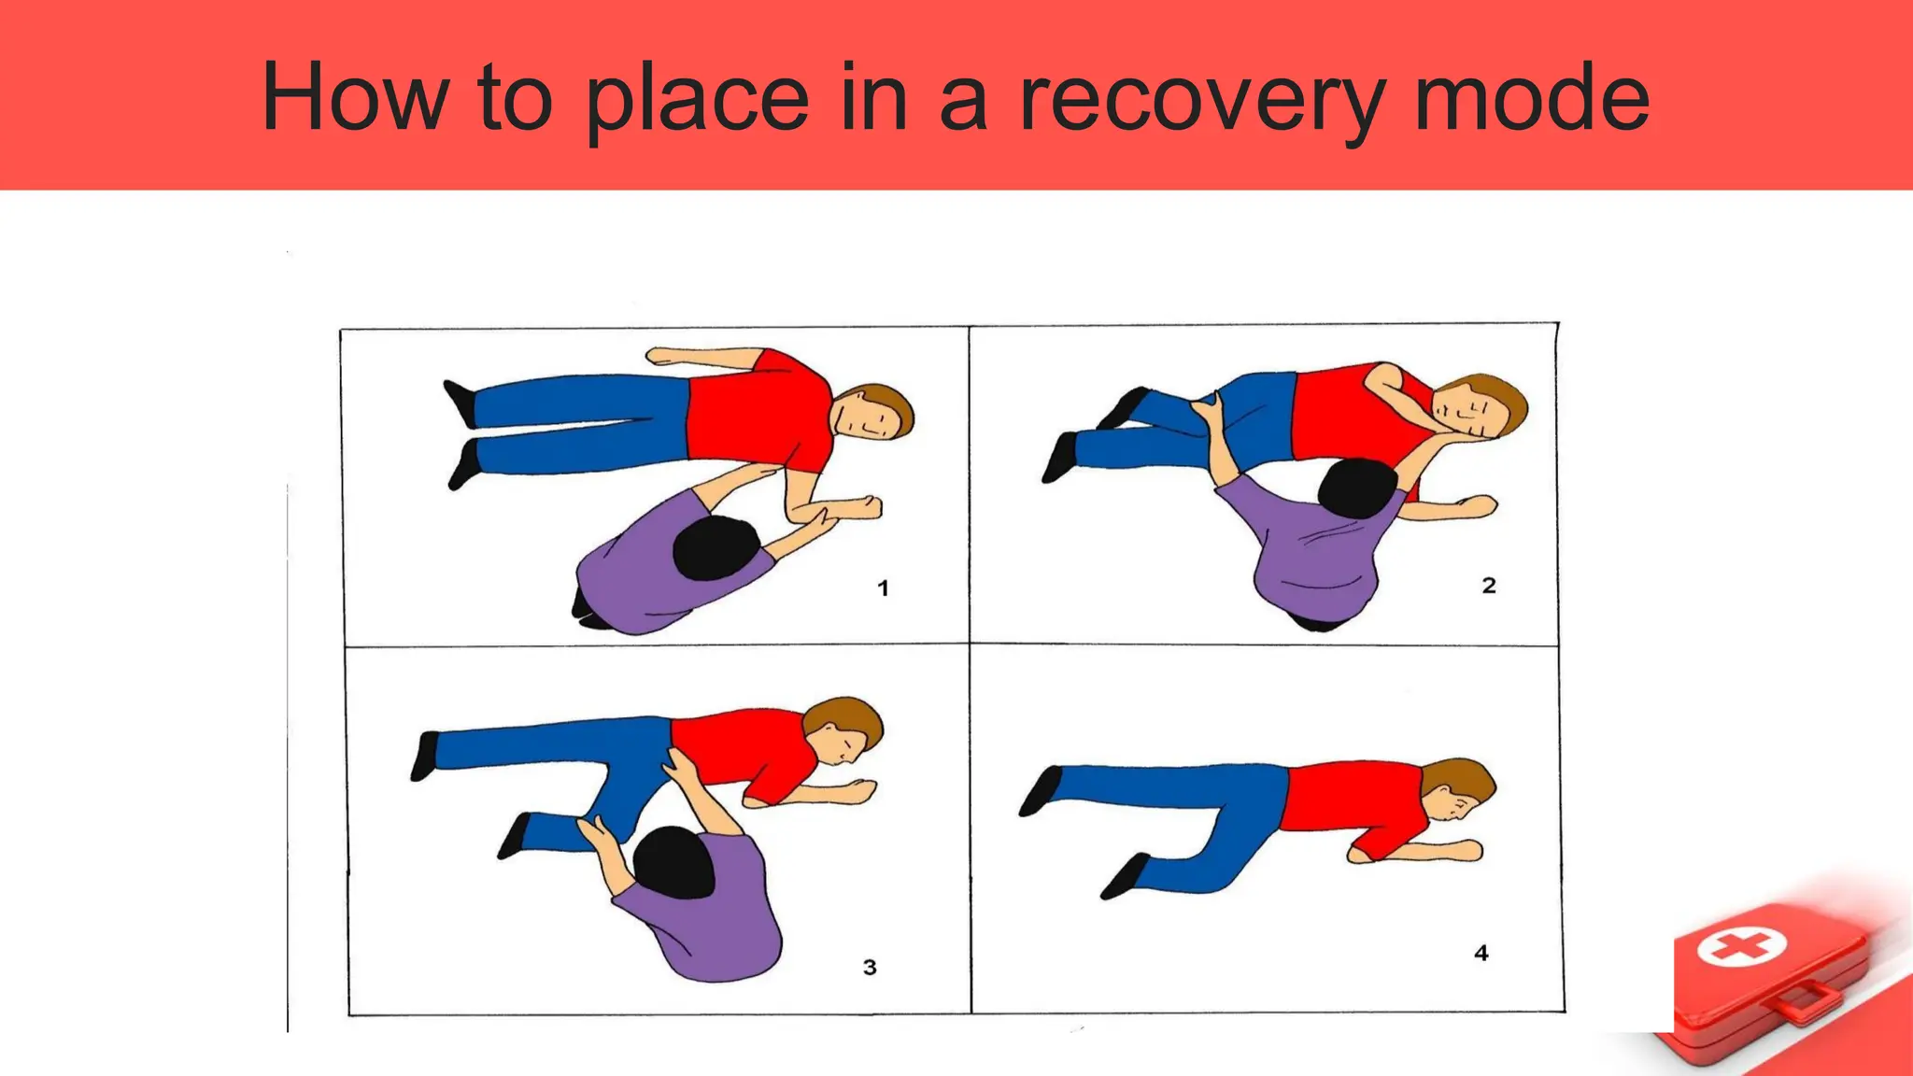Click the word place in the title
697,99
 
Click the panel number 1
883,588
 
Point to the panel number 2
1489,586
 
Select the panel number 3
870,968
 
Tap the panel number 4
1481,953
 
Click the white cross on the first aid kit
1741,946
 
